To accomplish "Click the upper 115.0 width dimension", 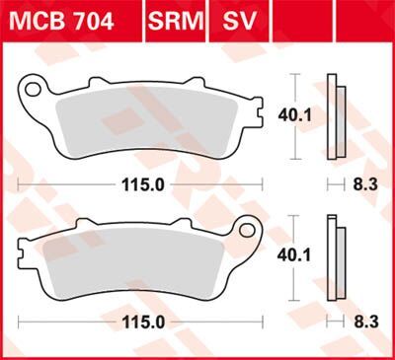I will (x=143, y=184).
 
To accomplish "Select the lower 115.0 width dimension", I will (x=143, y=323).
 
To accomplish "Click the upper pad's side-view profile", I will (x=337, y=118).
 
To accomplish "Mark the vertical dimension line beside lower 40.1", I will (x=299, y=256).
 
